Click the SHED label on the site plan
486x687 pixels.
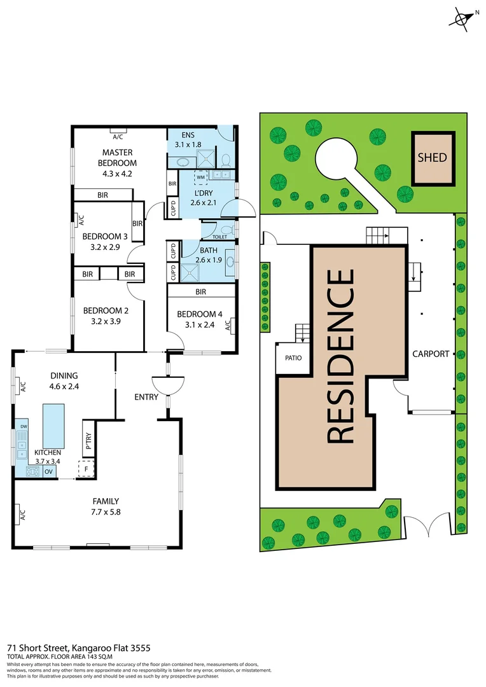point(433,158)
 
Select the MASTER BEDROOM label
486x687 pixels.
point(118,157)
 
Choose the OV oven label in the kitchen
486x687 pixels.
point(48,471)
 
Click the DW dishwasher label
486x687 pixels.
point(24,426)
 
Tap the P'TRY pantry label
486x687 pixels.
point(88,442)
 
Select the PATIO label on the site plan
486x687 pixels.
point(293,357)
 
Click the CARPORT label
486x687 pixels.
point(431,354)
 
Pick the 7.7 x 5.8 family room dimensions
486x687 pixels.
point(106,511)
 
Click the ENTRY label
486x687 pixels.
point(146,397)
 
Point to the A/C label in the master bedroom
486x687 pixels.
point(118,137)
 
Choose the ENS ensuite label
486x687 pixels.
point(188,135)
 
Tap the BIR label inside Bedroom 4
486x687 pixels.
point(201,292)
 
